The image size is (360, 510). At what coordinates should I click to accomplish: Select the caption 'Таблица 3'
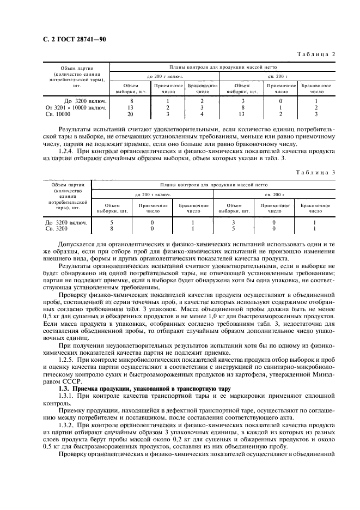tap(315, 173)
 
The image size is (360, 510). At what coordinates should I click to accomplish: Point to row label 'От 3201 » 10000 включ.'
tap(76, 108)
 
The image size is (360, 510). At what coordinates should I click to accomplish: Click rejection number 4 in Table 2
tap(202, 114)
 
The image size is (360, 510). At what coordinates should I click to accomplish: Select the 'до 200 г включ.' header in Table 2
tap(164, 76)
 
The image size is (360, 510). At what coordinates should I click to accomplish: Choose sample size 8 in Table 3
tap(112, 228)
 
